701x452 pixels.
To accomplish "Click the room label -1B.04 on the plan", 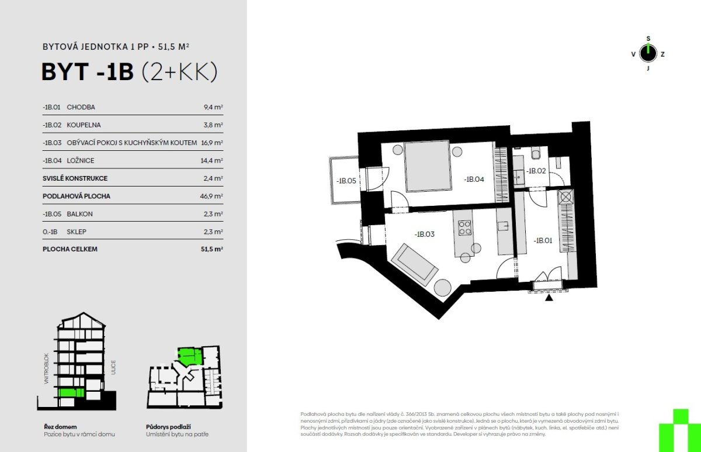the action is click(x=474, y=180).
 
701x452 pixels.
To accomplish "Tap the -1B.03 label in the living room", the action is click(x=424, y=234).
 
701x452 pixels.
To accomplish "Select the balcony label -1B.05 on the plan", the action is click(x=346, y=181).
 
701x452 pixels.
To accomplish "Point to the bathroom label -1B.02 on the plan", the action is click(x=536, y=171).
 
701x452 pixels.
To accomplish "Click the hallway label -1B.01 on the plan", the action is click(x=543, y=240).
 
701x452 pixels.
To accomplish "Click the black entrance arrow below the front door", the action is click(x=549, y=297).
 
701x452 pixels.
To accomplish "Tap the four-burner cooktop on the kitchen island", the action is click(x=464, y=227).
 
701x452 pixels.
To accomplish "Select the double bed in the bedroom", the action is click(x=428, y=166).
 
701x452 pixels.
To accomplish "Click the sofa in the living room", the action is click(x=414, y=265).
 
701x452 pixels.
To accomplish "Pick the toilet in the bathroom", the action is click(x=536, y=153).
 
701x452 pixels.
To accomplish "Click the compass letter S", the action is click(x=648, y=39).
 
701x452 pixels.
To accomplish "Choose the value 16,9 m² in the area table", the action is click(x=212, y=143).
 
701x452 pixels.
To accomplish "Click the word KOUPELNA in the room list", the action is click(x=84, y=125).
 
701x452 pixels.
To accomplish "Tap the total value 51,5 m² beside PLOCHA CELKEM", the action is click(x=212, y=249).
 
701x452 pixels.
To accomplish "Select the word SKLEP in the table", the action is click(x=77, y=232).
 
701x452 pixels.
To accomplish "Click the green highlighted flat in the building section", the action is click(x=71, y=392).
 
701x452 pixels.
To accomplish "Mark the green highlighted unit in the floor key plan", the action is click(x=190, y=357).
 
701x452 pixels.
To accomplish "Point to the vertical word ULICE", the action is click(x=113, y=367).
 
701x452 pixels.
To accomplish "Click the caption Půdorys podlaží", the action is click(x=168, y=427).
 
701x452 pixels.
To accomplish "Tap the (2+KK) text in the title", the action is click(x=179, y=72).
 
